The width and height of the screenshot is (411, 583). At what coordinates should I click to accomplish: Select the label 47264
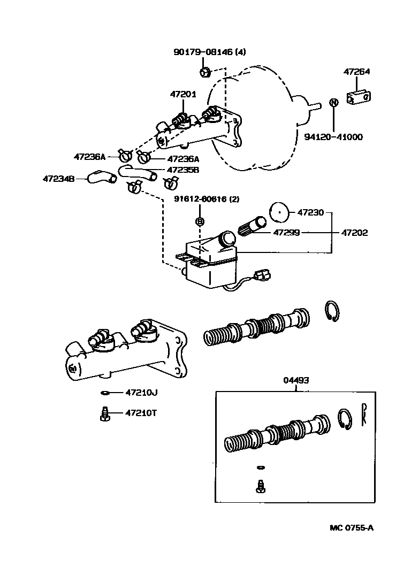pyautogui.click(x=356, y=71)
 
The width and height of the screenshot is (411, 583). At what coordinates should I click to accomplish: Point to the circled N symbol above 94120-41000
pyautogui.click(x=333, y=103)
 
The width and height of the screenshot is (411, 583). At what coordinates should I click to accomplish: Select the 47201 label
pyautogui.click(x=183, y=94)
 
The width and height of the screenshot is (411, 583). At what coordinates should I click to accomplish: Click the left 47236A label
pyautogui.click(x=89, y=157)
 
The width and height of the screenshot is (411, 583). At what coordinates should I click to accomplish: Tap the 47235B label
pyautogui.click(x=183, y=170)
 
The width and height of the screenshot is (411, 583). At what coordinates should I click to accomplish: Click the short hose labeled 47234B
pyautogui.click(x=101, y=176)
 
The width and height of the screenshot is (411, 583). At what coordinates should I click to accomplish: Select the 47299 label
pyautogui.click(x=286, y=233)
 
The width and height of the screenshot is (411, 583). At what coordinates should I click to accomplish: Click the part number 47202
pyautogui.click(x=354, y=233)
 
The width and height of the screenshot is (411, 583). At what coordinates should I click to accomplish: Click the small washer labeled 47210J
pyautogui.click(x=105, y=393)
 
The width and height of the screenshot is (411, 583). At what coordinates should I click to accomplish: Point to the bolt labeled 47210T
pyautogui.click(x=105, y=413)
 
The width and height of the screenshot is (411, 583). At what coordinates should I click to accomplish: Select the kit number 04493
pyautogui.click(x=296, y=380)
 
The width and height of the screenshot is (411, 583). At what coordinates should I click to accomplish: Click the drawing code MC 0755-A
pyautogui.click(x=351, y=528)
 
